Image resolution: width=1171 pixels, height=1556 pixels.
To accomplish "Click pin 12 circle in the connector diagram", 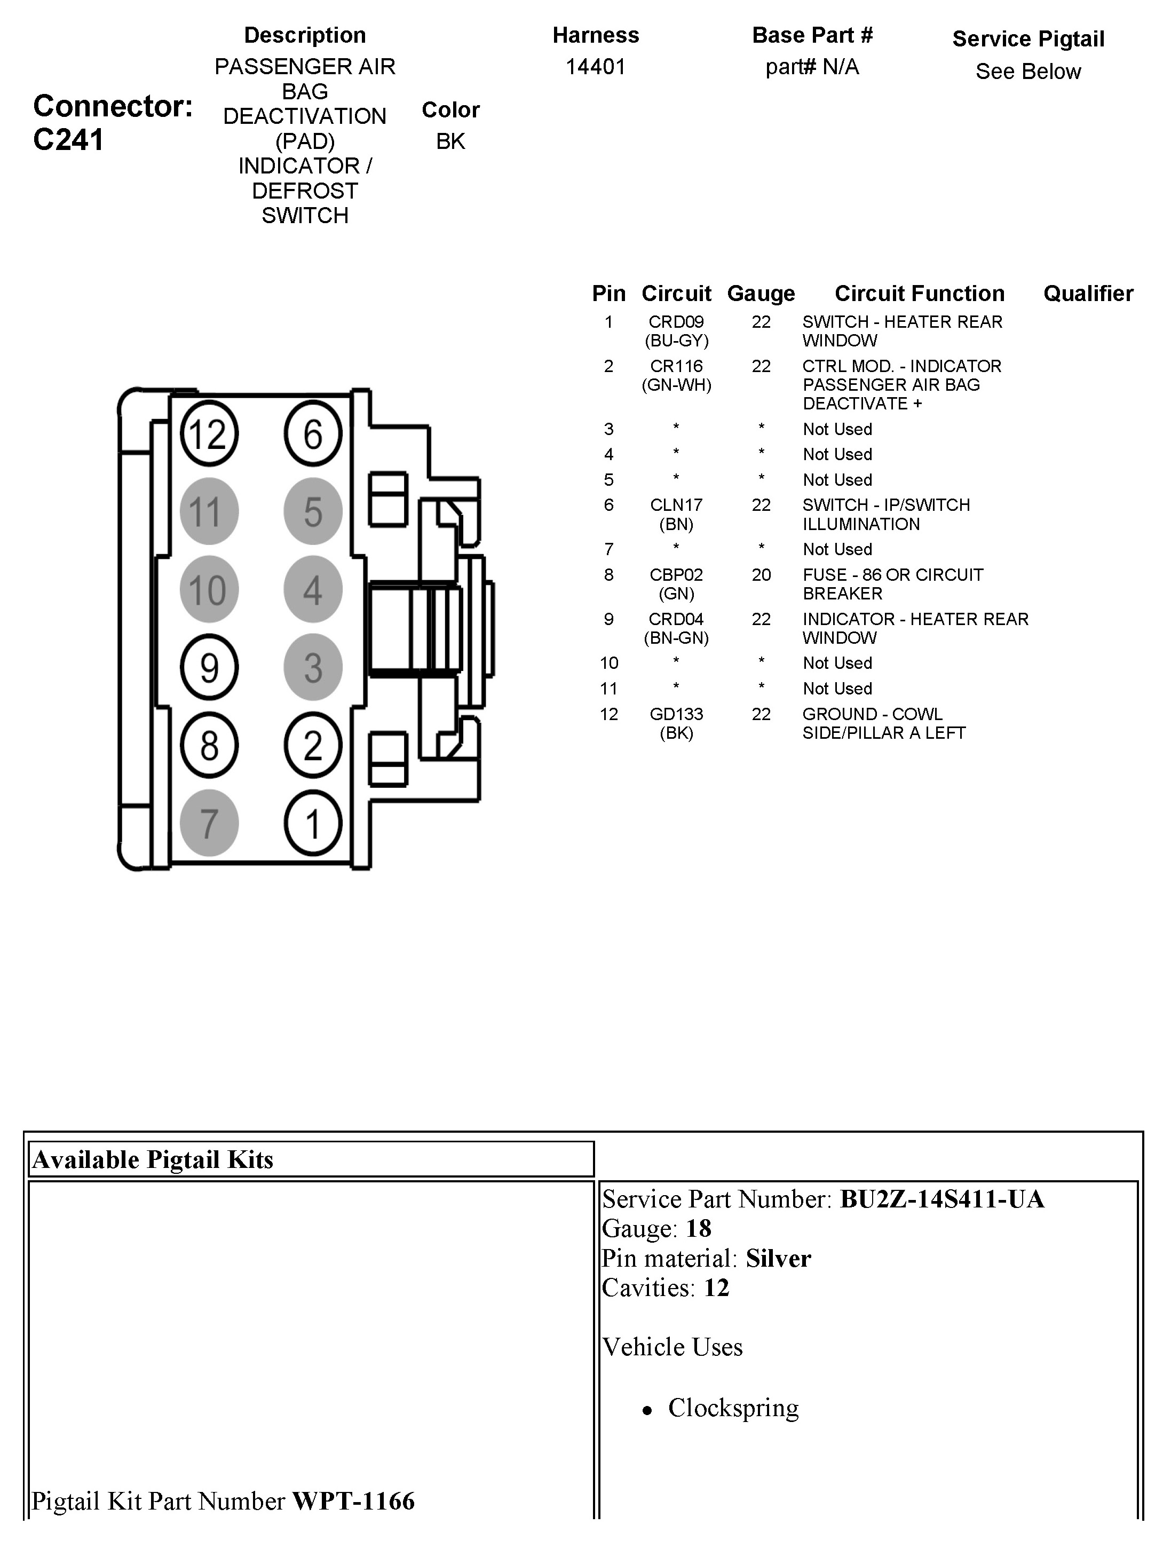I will point(209,433).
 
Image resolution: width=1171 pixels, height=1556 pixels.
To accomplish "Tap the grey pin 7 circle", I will point(209,823).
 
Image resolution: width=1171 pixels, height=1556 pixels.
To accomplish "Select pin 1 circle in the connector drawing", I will point(313,823).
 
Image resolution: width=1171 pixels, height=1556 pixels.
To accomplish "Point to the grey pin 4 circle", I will point(313,589).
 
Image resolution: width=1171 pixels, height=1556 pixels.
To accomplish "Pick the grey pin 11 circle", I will point(209,511).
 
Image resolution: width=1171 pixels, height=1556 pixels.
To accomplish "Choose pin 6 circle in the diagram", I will point(313,433).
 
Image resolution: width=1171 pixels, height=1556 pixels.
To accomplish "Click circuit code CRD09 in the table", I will point(676,322).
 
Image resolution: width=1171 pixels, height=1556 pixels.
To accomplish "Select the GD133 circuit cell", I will point(676,714).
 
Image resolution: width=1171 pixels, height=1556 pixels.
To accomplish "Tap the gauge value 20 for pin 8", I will point(761,575).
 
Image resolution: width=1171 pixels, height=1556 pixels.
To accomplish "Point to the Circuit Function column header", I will point(919,294).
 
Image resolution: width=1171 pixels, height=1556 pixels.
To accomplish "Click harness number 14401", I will point(596,67).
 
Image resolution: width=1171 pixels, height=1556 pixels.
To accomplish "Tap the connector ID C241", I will point(68,139).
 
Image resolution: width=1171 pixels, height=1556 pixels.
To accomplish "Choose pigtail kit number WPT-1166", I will point(353,1500).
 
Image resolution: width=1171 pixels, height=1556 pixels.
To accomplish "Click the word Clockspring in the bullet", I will point(733,1407).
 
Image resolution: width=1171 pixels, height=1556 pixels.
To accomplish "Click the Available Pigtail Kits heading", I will point(153,1159).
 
